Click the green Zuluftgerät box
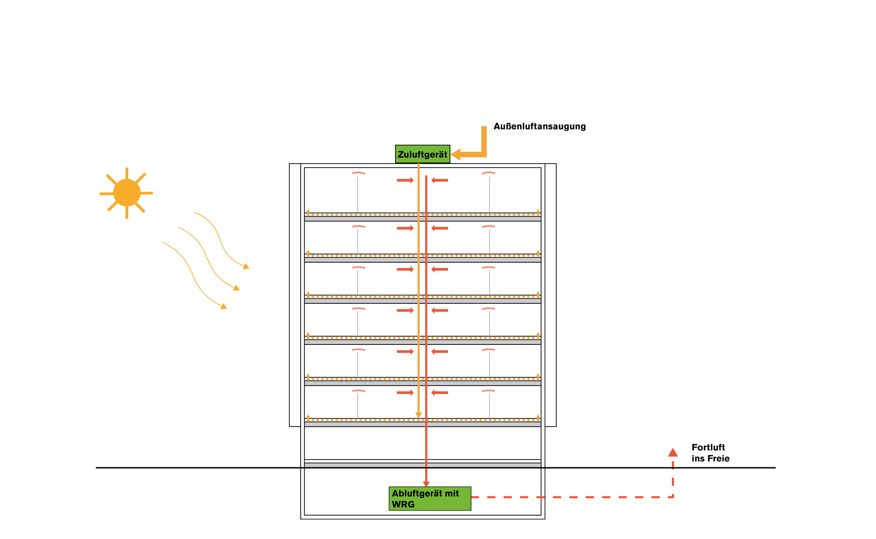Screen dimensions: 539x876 pos(422,154)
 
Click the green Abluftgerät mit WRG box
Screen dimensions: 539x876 pos(430,498)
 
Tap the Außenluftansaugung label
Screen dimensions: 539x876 pos(539,127)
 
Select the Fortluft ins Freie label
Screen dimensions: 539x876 pos(710,453)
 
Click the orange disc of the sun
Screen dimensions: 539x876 pos(126,193)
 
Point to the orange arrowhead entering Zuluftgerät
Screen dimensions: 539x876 pos(456,154)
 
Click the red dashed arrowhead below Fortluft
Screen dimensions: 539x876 pos(673,453)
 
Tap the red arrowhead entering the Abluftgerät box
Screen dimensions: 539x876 pos(426,484)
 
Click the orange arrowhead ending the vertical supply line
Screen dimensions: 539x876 pos(418,415)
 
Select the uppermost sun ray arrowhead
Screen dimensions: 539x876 pos(246,266)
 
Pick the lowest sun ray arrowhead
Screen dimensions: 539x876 pos(224,306)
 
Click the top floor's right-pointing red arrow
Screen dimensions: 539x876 pos(405,180)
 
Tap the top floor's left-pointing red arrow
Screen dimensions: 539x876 pos(440,180)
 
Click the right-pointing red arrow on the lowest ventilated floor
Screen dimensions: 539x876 pos(405,393)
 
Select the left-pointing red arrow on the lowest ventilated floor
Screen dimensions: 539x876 pos(440,393)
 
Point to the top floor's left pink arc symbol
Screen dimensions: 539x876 pos(358,173)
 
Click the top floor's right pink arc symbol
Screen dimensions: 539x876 pos(489,173)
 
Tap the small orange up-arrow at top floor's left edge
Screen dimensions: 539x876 pos(308,211)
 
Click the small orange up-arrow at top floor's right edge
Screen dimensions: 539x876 pos(538,211)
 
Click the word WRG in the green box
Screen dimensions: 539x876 pos(403,504)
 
